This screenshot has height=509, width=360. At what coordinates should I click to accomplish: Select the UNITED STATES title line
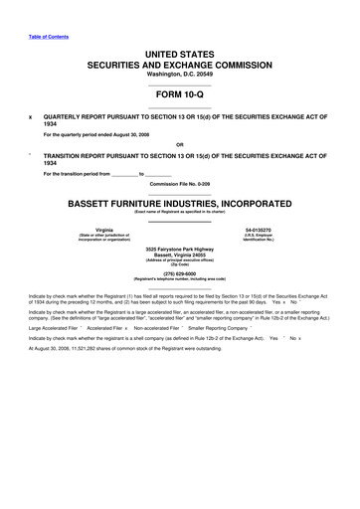point(180,53)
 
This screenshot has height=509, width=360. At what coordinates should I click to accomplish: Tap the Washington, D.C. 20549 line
point(180,75)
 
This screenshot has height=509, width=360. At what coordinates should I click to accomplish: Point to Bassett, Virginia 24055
point(180,254)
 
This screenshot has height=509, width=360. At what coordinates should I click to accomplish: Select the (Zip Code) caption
point(180,264)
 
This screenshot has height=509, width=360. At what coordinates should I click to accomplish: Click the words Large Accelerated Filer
point(55,354)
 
